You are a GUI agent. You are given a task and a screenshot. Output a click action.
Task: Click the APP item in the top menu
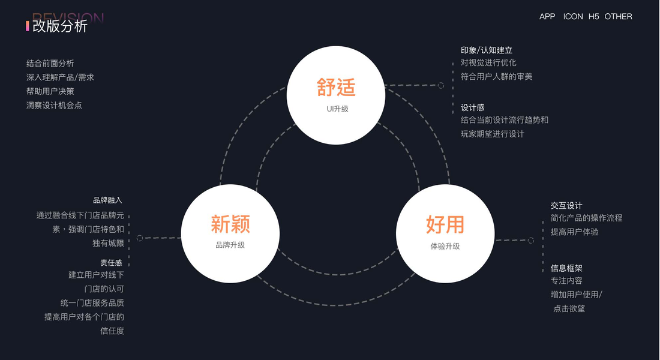coord(547,17)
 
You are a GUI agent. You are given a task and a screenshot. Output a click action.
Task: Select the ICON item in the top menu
coord(573,17)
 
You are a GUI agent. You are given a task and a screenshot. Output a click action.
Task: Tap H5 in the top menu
coord(593,17)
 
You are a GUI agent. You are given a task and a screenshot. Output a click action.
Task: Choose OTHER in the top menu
coord(618,17)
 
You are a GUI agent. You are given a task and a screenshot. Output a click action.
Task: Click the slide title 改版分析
coord(60,26)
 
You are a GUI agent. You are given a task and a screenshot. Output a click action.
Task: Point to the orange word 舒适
coord(336,88)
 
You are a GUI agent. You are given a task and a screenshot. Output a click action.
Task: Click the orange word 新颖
coord(230,224)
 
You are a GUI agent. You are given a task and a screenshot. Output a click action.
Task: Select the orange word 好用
coord(445,224)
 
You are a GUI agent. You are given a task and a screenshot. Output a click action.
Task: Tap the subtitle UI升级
coord(337,109)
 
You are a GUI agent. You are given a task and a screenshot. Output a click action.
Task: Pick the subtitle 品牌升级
coord(230,245)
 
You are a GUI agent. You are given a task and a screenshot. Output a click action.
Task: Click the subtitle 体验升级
coord(445,246)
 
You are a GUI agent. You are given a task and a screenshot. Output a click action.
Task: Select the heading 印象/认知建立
coord(487,50)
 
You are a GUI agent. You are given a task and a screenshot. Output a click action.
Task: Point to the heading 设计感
coord(472,107)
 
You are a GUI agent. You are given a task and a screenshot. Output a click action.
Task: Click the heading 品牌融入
coord(107,200)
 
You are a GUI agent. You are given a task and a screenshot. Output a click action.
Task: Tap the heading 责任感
coord(112,262)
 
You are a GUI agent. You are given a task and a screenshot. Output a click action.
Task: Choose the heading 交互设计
coord(566,205)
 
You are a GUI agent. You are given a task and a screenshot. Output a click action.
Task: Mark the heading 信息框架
coord(566,268)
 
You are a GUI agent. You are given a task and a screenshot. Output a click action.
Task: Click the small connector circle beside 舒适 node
coord(441,86)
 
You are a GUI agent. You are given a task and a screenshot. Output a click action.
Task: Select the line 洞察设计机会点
coord(54,105)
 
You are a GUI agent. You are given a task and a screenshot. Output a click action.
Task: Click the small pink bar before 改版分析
coord(28,26)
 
